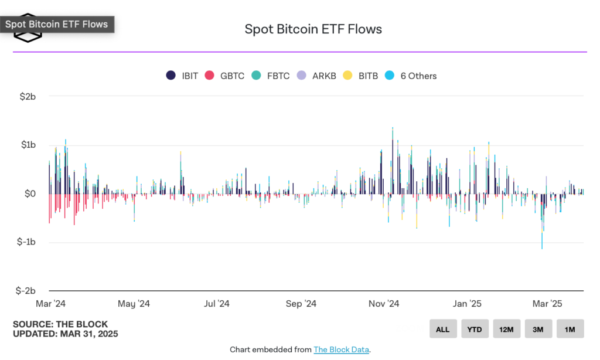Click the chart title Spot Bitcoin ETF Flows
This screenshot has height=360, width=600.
coord(313,29)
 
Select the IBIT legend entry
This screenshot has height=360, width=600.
coord(182,76)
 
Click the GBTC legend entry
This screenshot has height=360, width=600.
coord(226,76)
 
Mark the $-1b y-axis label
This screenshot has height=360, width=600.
coord(26,242)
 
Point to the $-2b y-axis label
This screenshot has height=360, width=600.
coord(26,291)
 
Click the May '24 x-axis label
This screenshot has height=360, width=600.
coord(134,304)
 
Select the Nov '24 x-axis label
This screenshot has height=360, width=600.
coord(383,304)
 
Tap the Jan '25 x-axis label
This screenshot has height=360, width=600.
coord(467,304)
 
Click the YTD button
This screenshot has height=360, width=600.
coord(475,329)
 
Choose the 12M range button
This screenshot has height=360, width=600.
coord(506,329)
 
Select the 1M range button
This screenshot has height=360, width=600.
coord(570,329)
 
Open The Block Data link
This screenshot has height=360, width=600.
coord(341,349)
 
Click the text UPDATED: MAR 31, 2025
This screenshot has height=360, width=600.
coord(65,334)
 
